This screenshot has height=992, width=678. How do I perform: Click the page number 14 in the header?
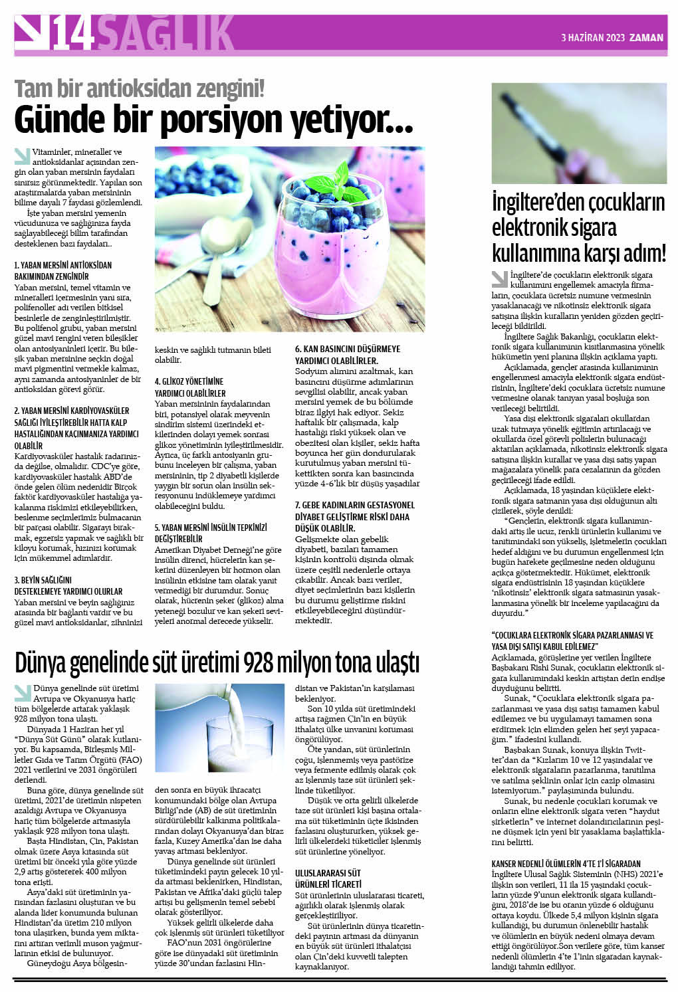click(72, 34)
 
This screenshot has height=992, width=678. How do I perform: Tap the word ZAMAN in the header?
click(646, 38)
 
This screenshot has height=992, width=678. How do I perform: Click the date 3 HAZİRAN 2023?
click(592, 38)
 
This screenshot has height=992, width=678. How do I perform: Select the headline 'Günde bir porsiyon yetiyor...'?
click(214, 120)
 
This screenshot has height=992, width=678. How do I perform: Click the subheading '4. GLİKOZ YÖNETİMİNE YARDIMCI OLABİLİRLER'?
click(190, 387)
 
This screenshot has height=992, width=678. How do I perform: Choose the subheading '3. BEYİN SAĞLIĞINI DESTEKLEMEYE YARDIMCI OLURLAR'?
click(68, 585)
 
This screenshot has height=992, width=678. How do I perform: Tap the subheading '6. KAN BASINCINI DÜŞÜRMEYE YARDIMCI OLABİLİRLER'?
click(348, 354)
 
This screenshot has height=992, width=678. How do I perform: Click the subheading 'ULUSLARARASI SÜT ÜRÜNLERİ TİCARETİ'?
click(328, 878)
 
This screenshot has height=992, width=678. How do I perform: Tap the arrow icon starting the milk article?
click(23, 692)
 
